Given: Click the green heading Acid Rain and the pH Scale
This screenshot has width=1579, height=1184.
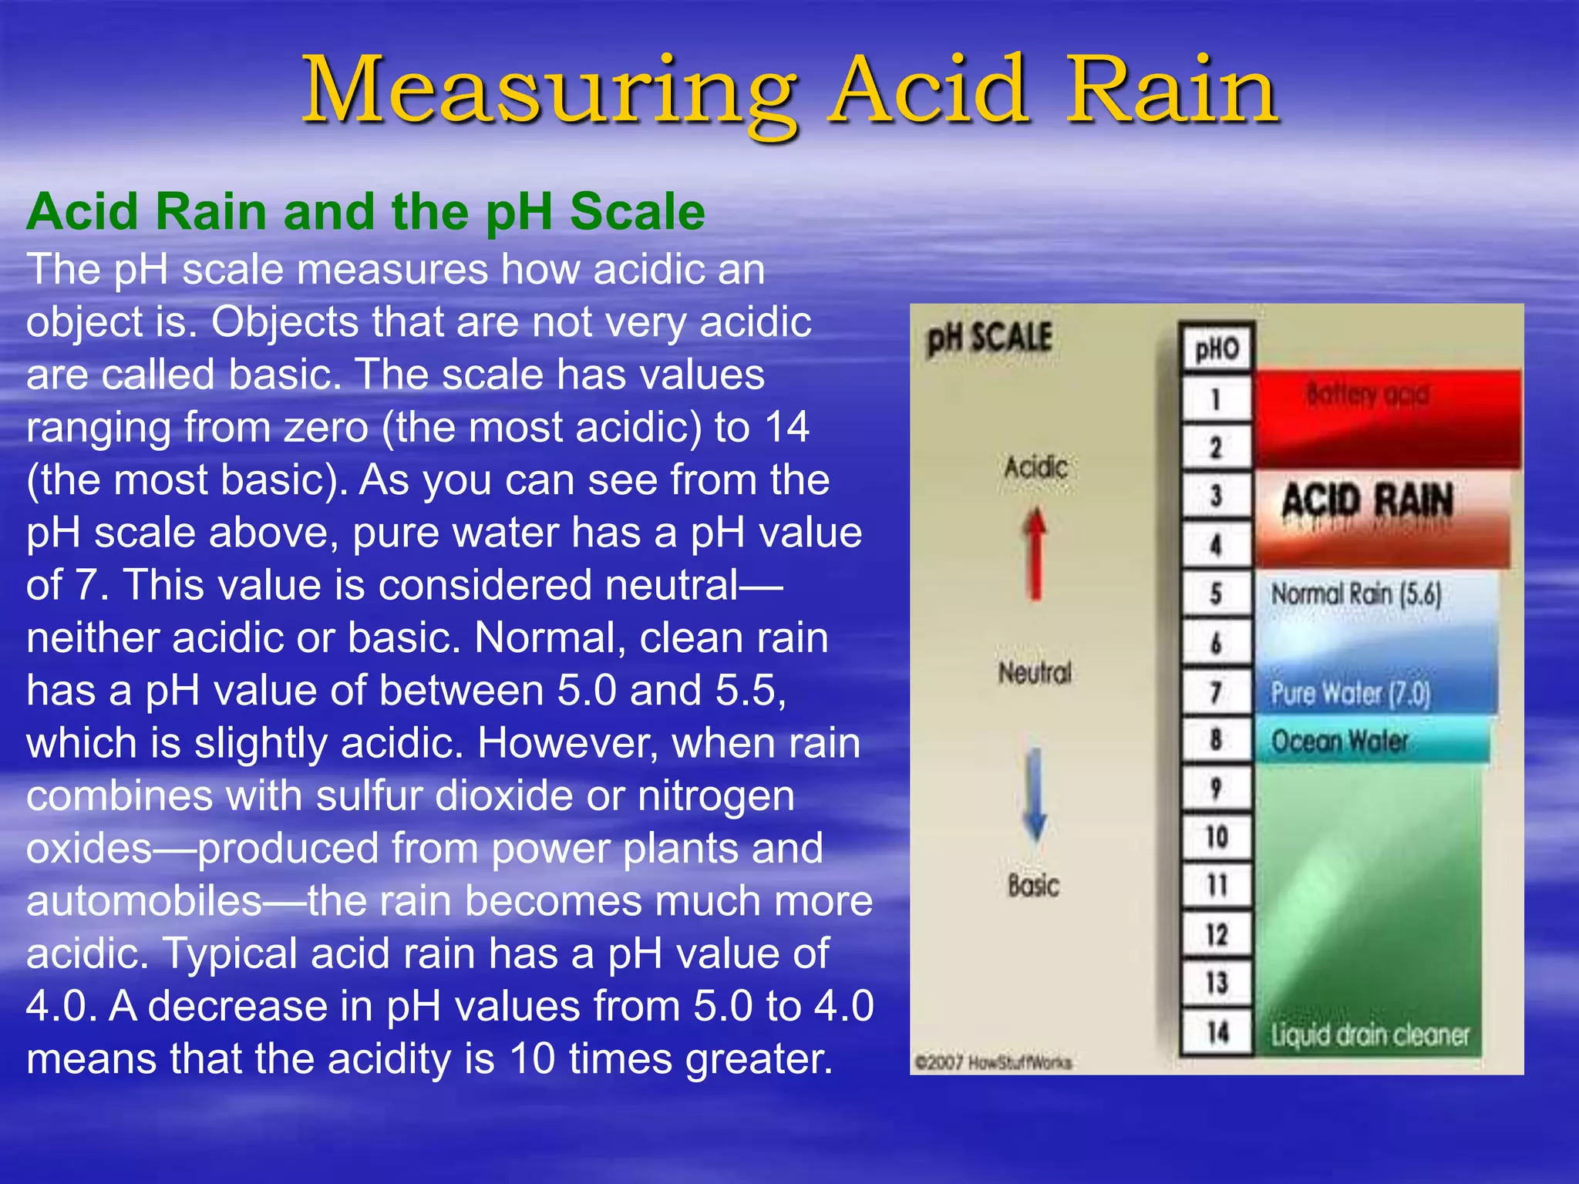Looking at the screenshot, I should [x=365, y=211].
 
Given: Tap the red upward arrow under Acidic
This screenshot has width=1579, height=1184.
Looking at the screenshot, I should [x=1035, y=553].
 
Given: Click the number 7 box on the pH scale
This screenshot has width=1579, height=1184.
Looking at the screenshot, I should [x=1216, y=692].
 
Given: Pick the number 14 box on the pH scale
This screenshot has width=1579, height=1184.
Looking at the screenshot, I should [x=1216, y=1032].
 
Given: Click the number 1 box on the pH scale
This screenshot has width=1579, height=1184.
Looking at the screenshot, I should [x=1216, y=399].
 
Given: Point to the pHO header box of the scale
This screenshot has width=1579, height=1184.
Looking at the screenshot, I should [x=1217, y=349].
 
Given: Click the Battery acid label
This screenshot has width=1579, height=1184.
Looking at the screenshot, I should [x=1367, y=395].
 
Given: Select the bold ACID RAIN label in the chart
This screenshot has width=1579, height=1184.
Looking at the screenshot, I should [x=1367, y=501].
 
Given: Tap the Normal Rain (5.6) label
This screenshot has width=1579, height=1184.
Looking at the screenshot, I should [x=1356, y=594].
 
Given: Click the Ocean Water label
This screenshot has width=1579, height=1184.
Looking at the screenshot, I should [x=1339, y=742].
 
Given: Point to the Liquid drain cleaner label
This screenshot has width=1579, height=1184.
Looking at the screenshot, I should [x=1370, y=1034].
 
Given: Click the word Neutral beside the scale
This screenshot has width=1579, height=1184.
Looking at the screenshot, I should [x=1035, y=673].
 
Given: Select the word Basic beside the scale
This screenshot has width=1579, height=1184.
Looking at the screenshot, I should [x=1033, y=885].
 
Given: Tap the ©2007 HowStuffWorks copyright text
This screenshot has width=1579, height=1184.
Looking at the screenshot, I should [x=992, y=1062].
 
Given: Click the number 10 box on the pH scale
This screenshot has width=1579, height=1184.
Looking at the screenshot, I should [x=1216, y=836].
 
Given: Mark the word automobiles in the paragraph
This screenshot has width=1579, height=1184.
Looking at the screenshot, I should [x=144, y=900].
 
